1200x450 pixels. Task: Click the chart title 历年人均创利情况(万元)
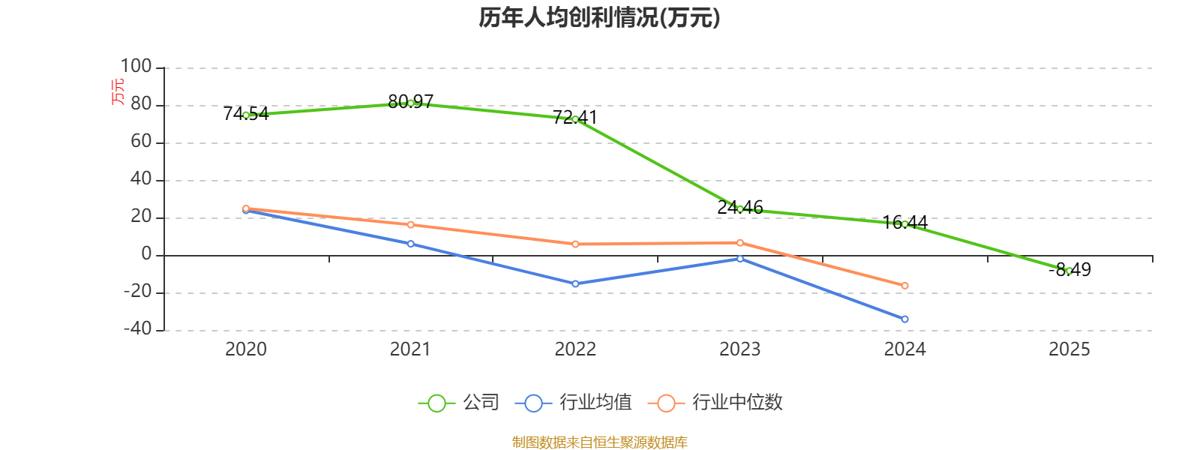[599, 17]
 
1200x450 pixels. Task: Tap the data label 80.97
[410, 101]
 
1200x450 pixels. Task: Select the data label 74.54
[246, 114]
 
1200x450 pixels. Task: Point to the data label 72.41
[574, 117]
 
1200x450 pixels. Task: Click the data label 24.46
[740, 207]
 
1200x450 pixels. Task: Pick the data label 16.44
[905, 222]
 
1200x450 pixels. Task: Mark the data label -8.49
[1070, 269]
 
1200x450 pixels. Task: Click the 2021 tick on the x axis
[410, 349]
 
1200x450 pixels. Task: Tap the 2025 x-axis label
[1069, 349]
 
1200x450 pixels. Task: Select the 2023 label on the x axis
[739, 349]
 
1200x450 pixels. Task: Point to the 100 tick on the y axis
[136, 67]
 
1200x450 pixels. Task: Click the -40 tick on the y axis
[136, 329]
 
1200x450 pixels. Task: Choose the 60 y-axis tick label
[141, 142]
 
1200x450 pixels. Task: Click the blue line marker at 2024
[904, 319]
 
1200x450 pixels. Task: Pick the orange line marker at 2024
[904, 286]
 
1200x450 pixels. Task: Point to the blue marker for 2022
[575, 283]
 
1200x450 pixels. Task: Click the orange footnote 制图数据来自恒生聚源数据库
[599, 442]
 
